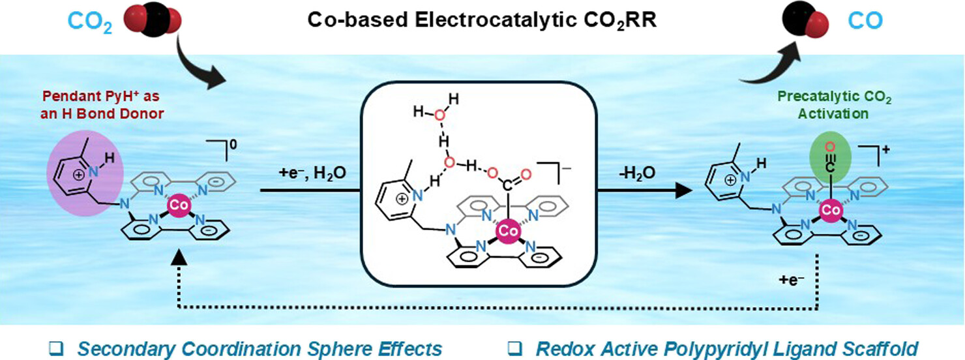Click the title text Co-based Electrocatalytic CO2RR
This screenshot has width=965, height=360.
[x=482, y=21]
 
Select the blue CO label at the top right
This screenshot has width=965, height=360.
[x=866, y=21]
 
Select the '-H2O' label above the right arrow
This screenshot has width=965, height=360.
[x=638, y=174]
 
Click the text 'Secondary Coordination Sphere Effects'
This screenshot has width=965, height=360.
[x=260, y=348]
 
